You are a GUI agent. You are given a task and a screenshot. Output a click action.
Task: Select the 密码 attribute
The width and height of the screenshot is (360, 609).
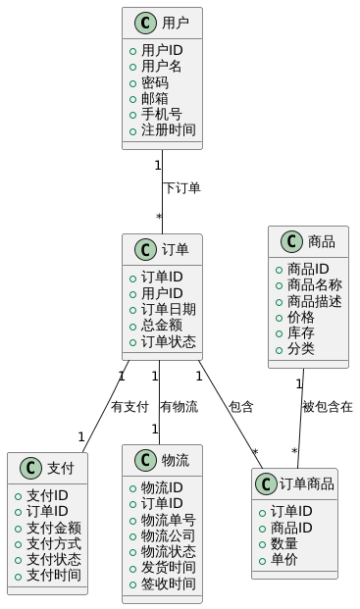pos(154,82)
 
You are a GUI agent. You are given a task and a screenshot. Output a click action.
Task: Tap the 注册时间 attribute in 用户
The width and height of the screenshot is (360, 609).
pos(168,129)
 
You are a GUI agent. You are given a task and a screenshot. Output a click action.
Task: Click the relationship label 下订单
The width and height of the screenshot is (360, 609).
pos(182,187)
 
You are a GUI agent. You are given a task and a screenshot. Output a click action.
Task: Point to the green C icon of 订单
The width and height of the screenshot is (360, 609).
pos(142,249)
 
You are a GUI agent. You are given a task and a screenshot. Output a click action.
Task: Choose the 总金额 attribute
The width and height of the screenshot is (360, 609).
pos(161,325)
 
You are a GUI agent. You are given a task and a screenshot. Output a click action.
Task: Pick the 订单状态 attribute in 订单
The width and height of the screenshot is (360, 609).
pos(168,340)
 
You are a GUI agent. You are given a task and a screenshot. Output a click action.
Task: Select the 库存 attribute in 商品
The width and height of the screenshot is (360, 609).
pos(300,332)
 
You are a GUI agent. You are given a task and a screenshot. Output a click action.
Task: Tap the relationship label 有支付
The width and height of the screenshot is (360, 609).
pos(129,406)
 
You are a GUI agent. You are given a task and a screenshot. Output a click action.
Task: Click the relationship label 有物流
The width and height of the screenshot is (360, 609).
pos(179,406)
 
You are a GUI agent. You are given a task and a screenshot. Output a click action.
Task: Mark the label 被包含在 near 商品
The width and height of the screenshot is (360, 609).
pos(327,406)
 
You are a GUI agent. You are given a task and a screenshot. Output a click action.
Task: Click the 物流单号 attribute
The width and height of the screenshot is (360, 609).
pos(168,520)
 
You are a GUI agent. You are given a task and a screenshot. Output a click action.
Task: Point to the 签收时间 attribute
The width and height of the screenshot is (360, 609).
pos(168,583)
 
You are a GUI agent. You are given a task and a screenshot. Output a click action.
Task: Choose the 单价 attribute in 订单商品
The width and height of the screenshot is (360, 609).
pos(284,559)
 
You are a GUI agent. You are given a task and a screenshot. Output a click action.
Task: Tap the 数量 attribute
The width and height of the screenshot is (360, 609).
pos(284,543)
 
